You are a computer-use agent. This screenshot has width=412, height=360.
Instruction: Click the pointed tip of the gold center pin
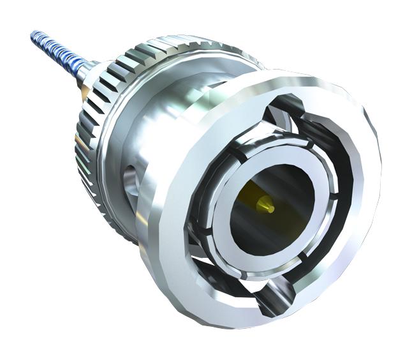click(x=271, y=208)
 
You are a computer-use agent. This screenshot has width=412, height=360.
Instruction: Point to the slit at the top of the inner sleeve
click(x=237, y=155)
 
